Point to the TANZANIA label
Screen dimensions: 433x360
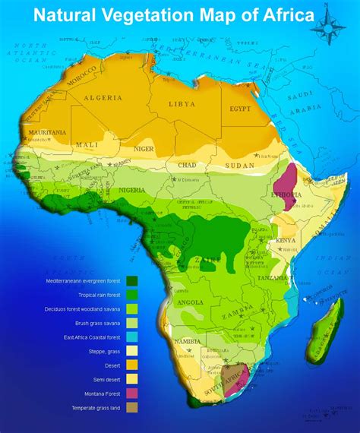(272, 278)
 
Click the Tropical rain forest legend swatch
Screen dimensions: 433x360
(131, 296)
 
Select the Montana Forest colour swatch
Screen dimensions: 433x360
(131, 394)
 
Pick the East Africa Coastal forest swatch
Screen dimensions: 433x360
(131, 337)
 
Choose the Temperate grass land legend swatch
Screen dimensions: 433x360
(131, 409)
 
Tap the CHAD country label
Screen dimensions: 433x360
(187, 165)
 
